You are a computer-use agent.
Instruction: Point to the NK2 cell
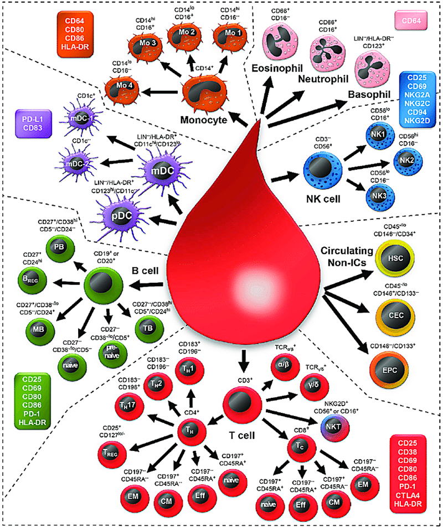coord(404,160)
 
